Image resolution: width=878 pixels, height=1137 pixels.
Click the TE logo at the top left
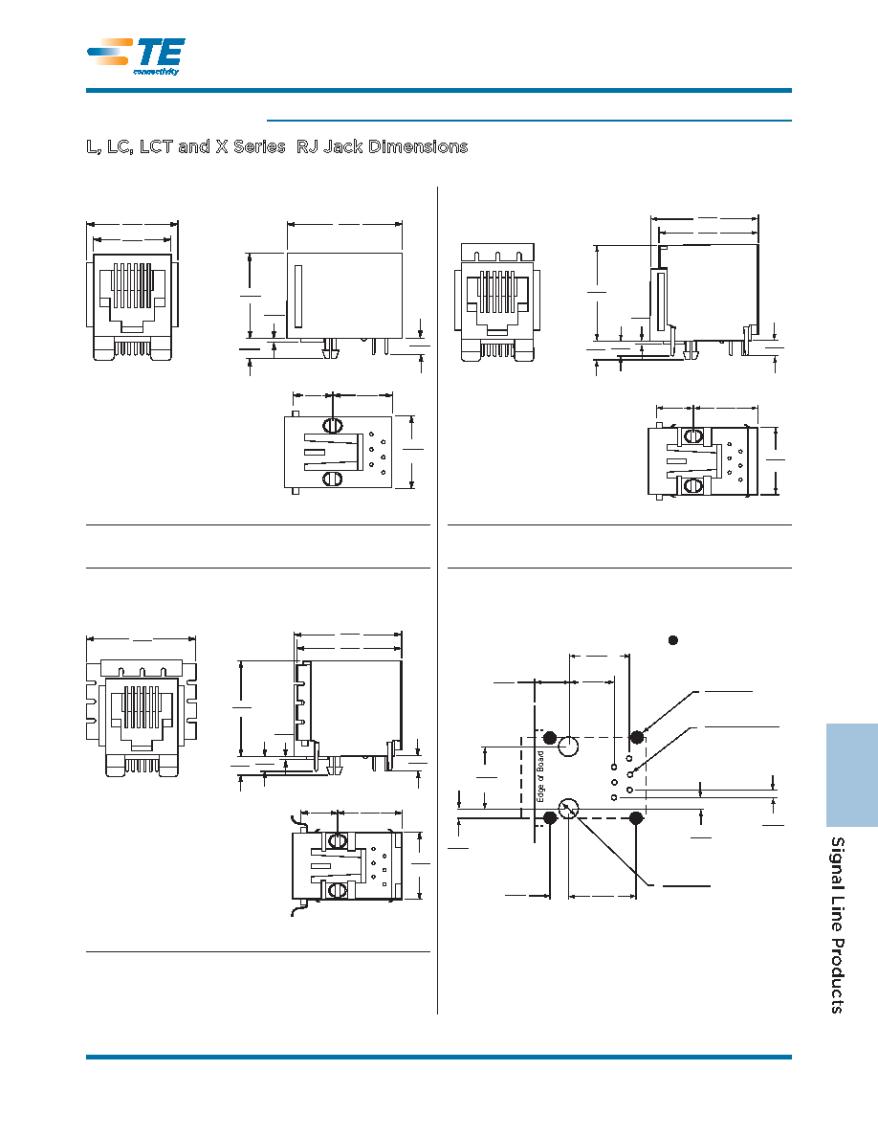136,56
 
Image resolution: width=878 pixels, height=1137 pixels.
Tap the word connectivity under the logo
156,71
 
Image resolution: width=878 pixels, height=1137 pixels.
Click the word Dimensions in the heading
418,146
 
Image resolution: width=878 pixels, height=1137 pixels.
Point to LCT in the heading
156,146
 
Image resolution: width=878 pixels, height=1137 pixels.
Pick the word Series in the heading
259,146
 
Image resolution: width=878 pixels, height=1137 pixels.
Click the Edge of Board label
540,776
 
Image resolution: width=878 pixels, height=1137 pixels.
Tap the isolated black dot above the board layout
673,639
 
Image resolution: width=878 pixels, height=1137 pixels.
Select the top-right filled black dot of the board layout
636,738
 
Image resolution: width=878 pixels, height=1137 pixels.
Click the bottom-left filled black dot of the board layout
550,817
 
